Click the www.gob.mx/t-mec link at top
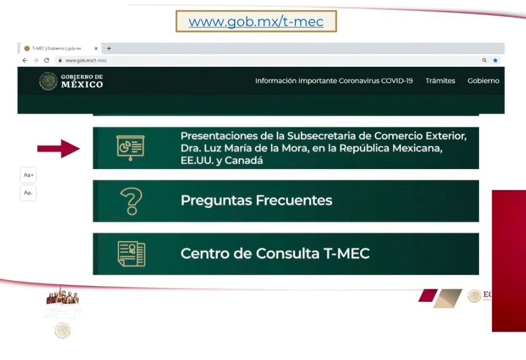[x=256, y=22]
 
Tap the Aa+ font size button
[x=29, y=175]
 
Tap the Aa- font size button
[x=29, y=193]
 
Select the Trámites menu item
[x=440, y=81]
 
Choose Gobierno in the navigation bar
[x=483, y=81]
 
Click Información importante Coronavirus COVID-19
[x=334, y=81]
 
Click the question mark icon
[x=131, y=201]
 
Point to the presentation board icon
[x=130, y=148]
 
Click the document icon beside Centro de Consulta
[x=131, y=254]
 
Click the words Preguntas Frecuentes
[x=256, y=200]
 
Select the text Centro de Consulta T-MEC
[x=275, y=253]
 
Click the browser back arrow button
[x=24, y=60]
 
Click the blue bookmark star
[x=495, y=60]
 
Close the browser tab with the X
[x=96, y=48]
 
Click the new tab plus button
[x=109, y=48]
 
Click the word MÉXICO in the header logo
[x=82, y=85]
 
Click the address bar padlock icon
[x=59, y=60]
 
